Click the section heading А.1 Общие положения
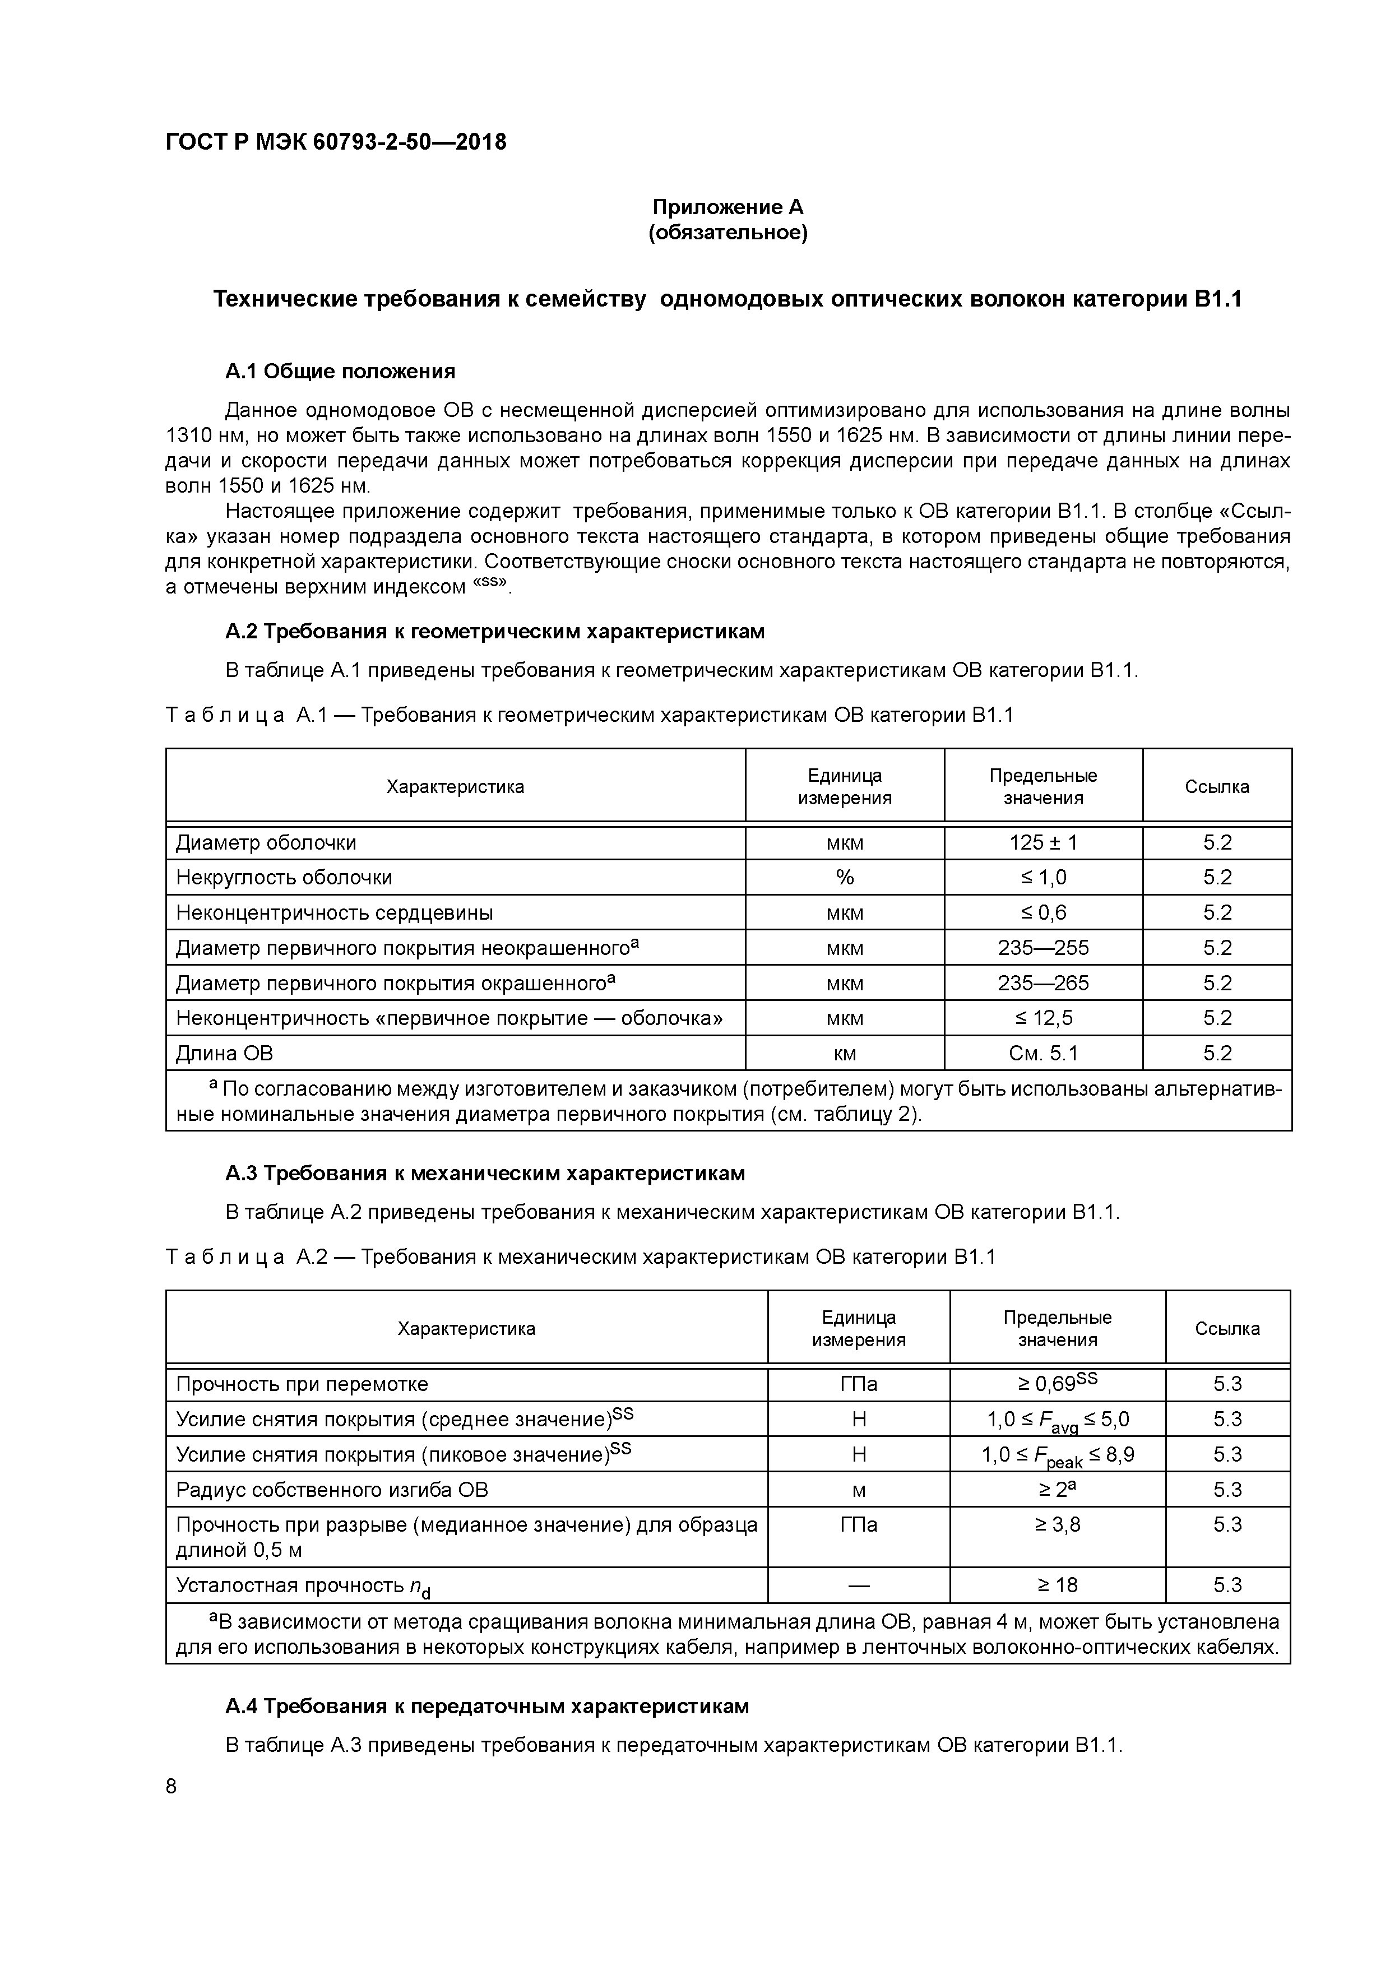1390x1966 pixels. (340, 372)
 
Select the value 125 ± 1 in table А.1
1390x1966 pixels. (1042, 842)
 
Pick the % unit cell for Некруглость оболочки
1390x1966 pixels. (845, 878)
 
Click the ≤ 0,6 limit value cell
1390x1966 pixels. (1042, 913)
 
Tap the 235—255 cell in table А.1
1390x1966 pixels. (1042, 948)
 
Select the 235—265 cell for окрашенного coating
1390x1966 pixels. (1042, 983)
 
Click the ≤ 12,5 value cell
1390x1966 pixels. (1042, 1018)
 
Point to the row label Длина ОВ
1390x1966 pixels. (224, 1053)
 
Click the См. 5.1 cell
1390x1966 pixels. (1042, 1053)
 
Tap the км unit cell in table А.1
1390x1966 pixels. (845, 1053)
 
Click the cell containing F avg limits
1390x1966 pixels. (1057, 1421)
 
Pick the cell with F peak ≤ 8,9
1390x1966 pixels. (1057, 1455)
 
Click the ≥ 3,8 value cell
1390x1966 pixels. (1057, 1525)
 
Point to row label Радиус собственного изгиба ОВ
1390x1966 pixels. (332, 1490)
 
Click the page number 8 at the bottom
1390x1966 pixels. (172, 1787)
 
